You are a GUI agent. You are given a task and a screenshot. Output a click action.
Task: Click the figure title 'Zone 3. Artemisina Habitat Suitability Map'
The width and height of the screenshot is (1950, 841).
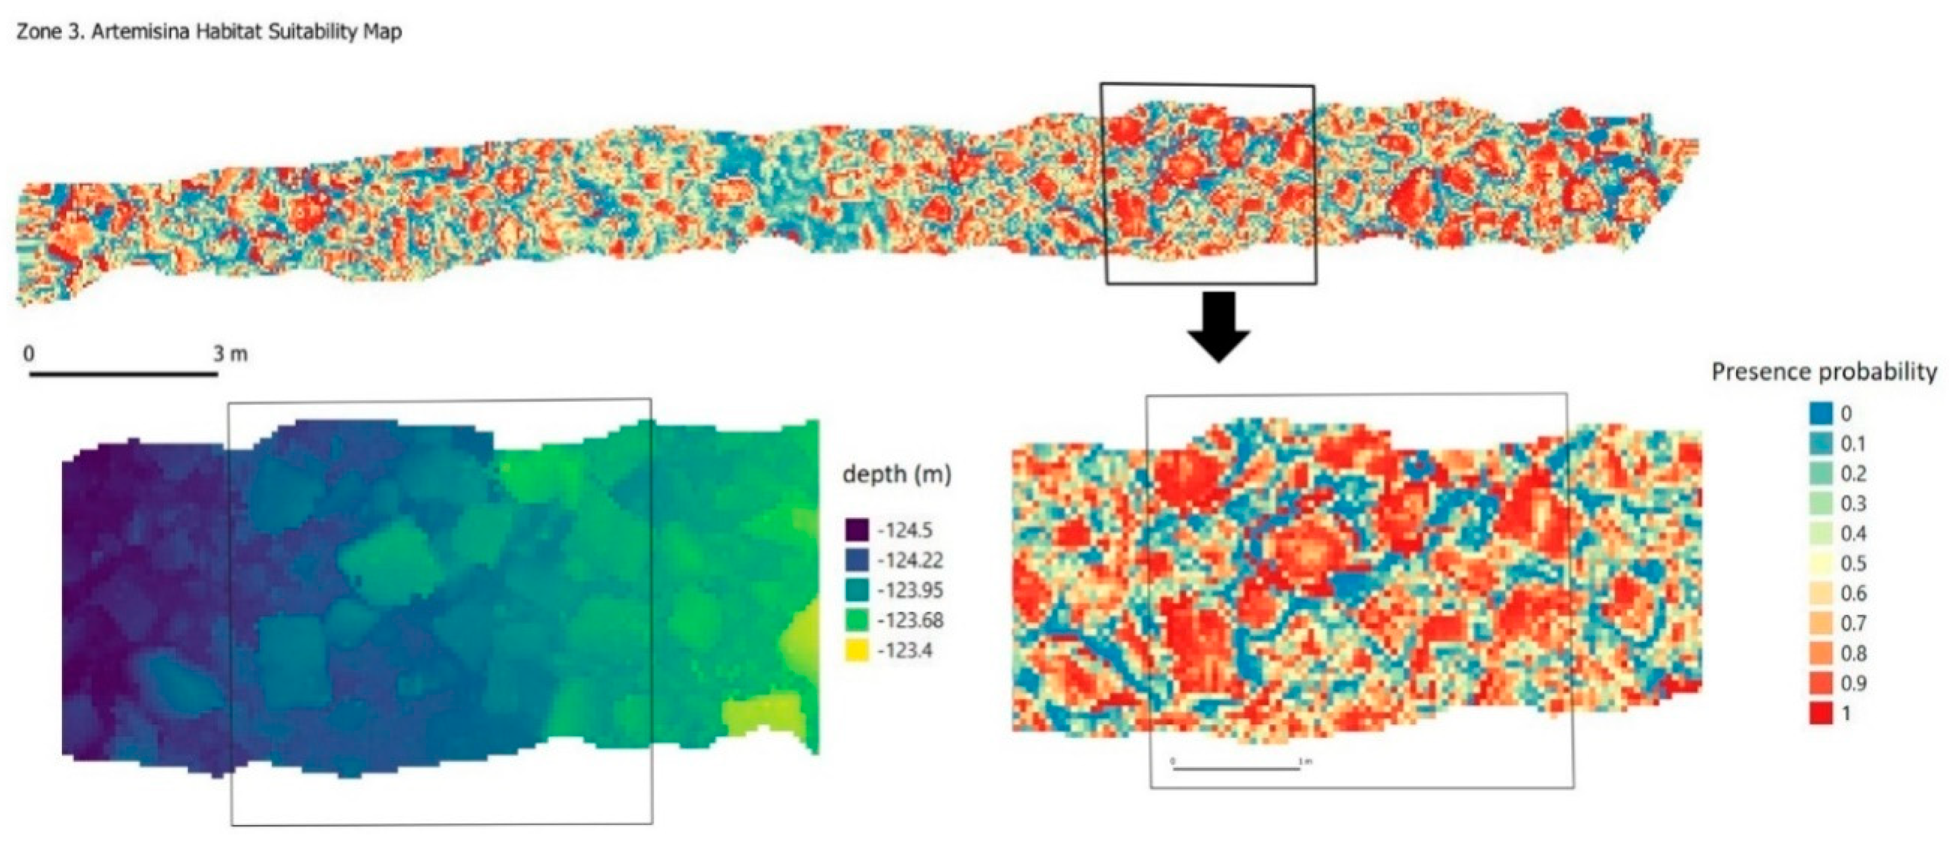click(209, 33)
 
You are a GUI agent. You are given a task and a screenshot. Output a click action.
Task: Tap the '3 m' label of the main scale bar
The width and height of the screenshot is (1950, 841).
click(230, 354)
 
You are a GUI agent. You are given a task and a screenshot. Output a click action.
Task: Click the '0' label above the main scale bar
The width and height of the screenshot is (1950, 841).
click(29, 354)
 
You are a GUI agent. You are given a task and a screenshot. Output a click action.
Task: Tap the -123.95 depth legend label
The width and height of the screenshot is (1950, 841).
click(910, 591)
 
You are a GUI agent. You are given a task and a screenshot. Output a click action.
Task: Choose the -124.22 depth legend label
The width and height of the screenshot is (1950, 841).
click(910, 560)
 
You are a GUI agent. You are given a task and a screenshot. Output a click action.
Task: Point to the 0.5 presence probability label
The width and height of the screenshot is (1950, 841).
click(1853, 563)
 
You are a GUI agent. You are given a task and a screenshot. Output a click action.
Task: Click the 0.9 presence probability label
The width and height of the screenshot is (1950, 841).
click(1853, 684)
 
